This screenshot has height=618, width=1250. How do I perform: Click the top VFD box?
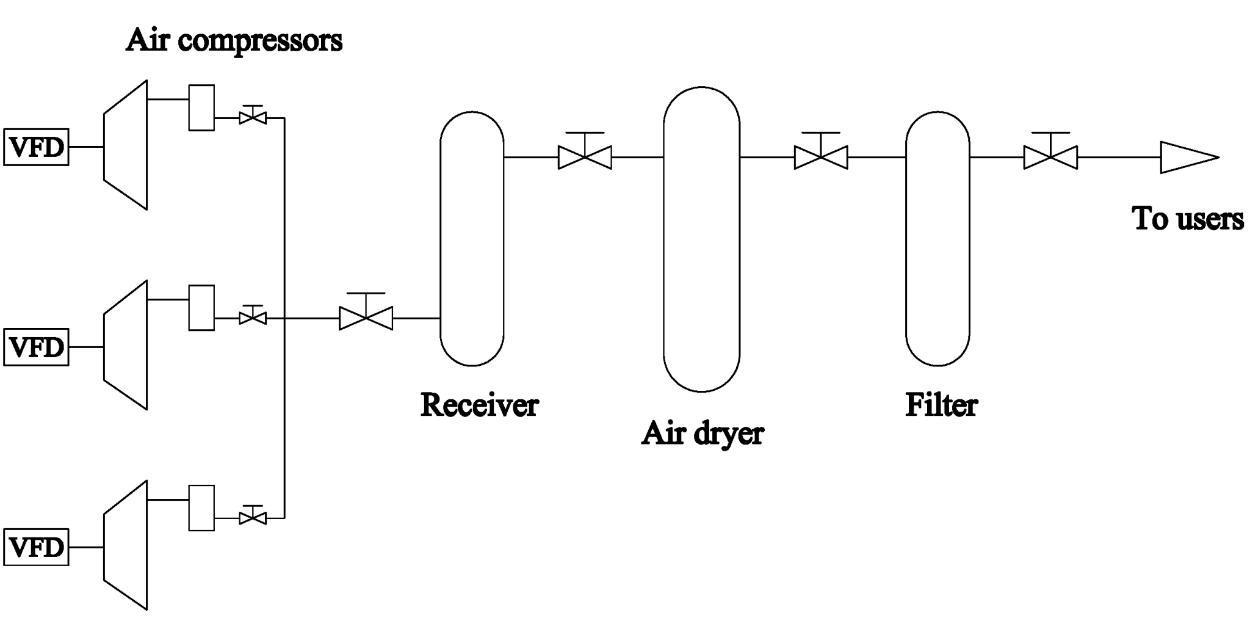pos(36,147)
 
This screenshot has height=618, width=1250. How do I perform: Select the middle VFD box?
pos(36,347)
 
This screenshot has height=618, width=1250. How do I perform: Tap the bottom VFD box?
pos(36,547)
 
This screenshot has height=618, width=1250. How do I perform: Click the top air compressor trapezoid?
pos(126,145)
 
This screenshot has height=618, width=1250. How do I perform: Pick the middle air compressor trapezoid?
pos(126,345)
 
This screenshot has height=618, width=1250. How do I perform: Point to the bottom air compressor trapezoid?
pos(126,545)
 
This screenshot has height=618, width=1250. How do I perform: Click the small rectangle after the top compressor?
pos(201,107)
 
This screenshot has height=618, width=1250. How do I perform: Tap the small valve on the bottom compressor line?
pos(253,518)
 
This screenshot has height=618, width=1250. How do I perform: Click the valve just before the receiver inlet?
pos(366,318)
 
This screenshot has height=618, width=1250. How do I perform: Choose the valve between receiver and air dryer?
pos(585,157)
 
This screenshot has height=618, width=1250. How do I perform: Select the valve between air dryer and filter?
pos(821,157)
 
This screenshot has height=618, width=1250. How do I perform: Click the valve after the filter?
pos(1050,157)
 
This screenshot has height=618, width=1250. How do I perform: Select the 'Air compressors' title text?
pos(234,40)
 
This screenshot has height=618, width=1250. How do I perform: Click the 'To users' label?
pos(1187,219)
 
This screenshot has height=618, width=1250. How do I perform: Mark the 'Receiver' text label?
pos(479,405)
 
